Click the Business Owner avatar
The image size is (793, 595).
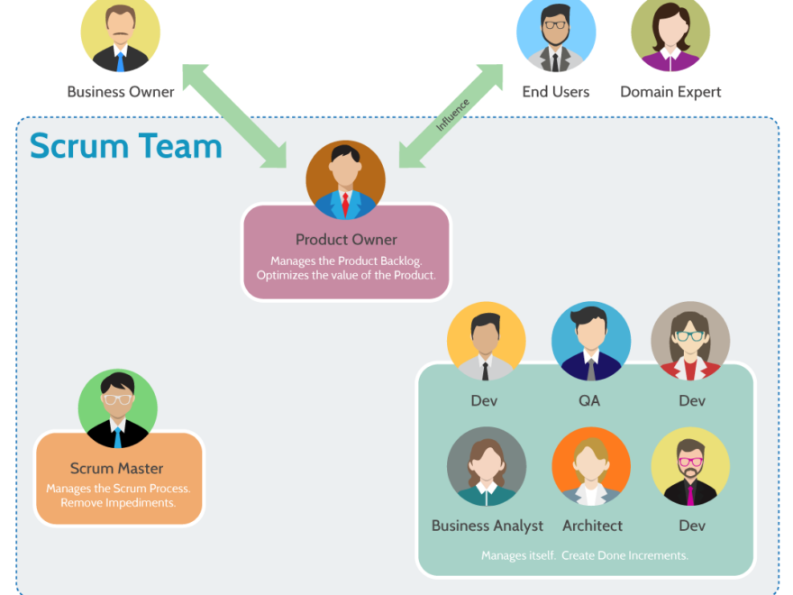pos(120,34)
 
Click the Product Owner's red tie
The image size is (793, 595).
pos(345,202)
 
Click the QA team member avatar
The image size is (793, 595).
pos(591,342)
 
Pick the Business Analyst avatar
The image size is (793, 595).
pos(487,466)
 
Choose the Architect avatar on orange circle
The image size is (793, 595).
pos(591,466)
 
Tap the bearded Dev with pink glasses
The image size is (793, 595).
pos(690,466)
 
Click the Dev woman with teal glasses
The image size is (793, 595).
pos(690,342)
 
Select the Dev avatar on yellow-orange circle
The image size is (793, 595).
pos(486,342)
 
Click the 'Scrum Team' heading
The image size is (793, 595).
pos(126,146)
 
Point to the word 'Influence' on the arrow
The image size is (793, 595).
pos(452,116)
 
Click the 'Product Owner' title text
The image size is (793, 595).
pos(346,240)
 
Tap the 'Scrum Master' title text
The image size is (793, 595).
pos(117,469)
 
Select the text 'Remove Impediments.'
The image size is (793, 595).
pos(118,502)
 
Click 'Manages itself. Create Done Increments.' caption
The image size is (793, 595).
pos(585,555)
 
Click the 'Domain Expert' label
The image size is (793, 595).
pos(670,92)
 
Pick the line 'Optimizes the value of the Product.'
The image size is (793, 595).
pos(346,275)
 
